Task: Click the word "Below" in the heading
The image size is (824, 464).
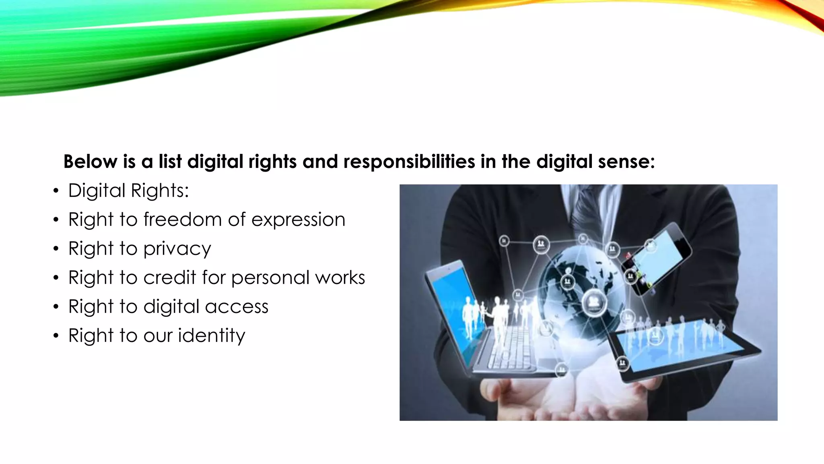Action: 90,162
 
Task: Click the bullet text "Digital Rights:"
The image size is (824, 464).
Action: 128,191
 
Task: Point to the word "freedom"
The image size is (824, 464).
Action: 183,220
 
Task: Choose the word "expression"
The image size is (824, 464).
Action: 298,220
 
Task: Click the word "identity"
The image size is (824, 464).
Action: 212,336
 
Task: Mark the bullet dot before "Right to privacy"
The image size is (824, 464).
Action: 56,249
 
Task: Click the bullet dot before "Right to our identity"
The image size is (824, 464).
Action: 56,336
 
